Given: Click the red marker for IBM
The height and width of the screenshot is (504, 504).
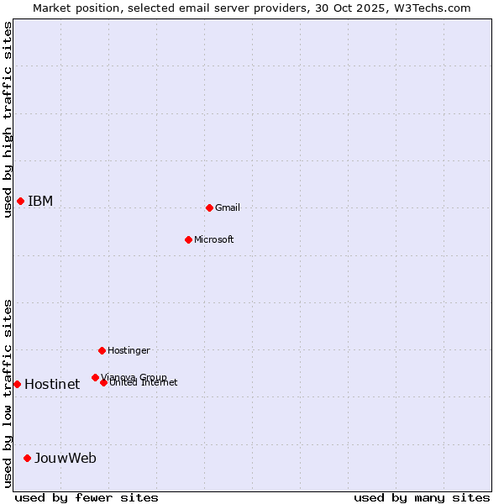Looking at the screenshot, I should tap(20, 201).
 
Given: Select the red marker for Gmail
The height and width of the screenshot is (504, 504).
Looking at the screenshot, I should tap(209, 207).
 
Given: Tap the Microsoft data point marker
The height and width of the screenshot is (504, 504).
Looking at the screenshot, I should tap(188, 239).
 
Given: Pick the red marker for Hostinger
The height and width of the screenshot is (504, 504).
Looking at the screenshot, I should tap(102, 350).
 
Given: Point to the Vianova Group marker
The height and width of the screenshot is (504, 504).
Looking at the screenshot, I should tap(95, 377).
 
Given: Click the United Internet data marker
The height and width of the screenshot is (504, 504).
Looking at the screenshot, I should tap(103, 382).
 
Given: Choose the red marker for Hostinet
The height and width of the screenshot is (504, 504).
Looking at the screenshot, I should tap(17, 384).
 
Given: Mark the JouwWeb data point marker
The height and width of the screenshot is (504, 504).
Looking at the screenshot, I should tap(27, 458).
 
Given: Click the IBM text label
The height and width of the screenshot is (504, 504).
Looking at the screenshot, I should tap(40, 201).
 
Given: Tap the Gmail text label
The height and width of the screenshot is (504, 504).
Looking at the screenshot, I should tap(228, 207).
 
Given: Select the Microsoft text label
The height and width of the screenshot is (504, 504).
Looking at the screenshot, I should tap(214, 239).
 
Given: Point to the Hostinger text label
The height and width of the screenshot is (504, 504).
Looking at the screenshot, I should tap(129, 350).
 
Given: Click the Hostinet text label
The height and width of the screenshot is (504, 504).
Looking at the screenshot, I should tap(52, 384).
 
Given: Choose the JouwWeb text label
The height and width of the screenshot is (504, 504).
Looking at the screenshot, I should tap(66, 458).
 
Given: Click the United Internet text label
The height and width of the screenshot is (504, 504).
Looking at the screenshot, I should tap(144, 383).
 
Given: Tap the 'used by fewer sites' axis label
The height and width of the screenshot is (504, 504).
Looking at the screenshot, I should tap(87, 497).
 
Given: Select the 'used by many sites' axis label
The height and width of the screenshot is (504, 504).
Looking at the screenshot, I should tap(422, 497).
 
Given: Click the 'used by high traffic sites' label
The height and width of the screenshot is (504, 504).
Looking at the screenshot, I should tap(8, 119).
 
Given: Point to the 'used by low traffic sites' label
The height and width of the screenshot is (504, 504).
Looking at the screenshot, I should tap(8, 393).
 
